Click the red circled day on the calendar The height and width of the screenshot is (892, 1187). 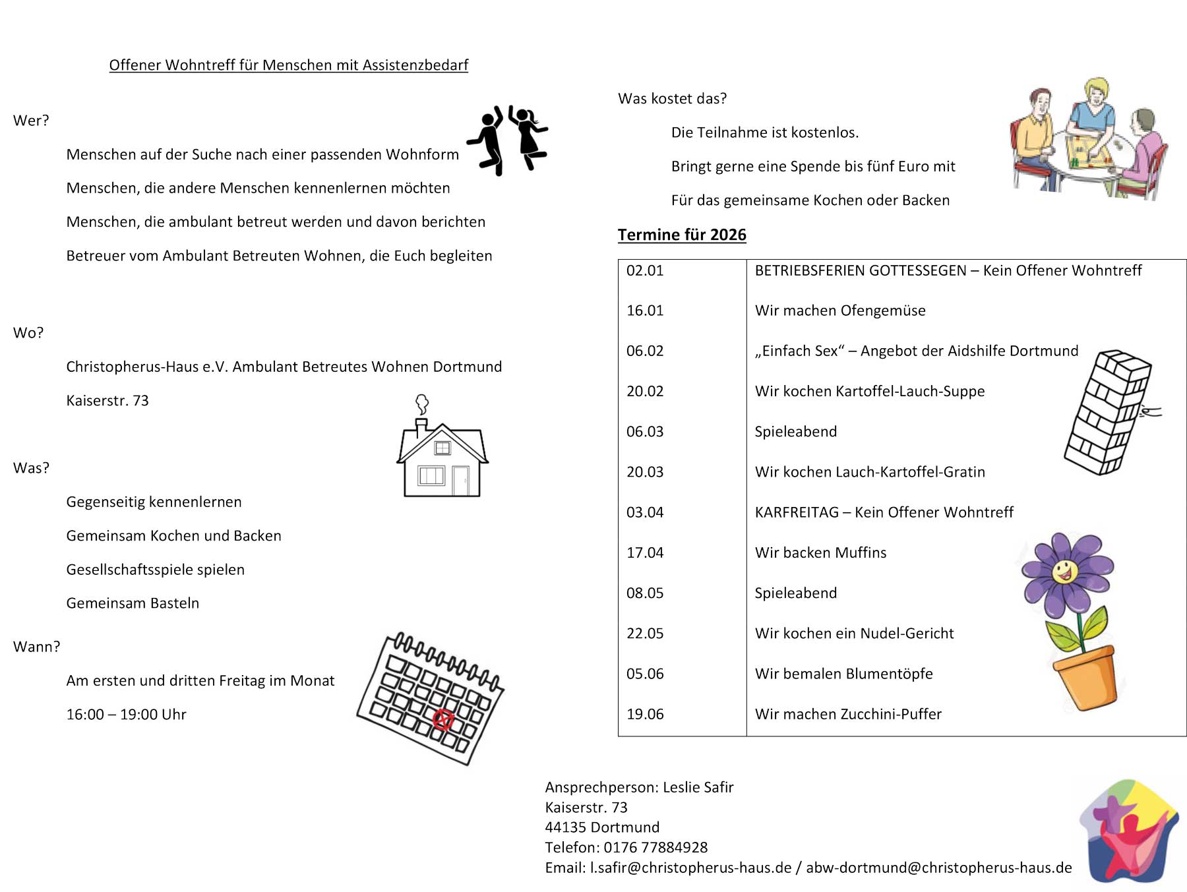point(443,719)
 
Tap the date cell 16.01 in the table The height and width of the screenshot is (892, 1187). point(645,311)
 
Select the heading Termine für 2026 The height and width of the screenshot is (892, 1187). point(682,235)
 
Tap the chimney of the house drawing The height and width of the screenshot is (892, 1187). point(421,427)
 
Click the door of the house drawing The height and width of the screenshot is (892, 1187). point(460,481)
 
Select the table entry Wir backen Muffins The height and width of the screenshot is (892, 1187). point(820,552)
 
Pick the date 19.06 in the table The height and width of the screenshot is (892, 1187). point(645,714)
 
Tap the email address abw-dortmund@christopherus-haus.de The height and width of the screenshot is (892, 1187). point(938,868)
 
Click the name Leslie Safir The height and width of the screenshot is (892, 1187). point(698,787)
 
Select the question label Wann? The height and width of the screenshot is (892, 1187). point(36,647)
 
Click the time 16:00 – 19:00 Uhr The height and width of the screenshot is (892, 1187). point(126,715)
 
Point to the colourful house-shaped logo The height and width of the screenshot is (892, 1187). point(1129,832)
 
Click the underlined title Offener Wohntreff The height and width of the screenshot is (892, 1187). point(288,65)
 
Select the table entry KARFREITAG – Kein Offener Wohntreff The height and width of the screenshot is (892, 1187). point(884,512)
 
